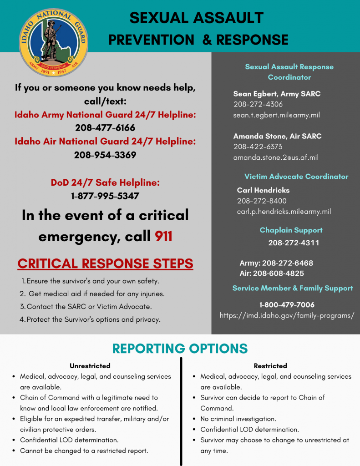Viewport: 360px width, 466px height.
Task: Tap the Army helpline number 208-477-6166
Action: pyautogui.click(x=105, y=128)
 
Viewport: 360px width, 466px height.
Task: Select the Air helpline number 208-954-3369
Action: pyautogui.click(x=105, y=155)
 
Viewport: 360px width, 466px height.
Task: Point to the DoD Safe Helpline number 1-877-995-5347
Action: pyautogui.click(x=105, y=196)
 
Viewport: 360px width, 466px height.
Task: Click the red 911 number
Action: pyautogui.click(x=163, y=236)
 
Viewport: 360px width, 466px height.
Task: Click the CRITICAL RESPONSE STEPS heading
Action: pyautogui.click(x=105, y=263)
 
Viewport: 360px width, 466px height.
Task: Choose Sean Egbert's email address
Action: pyautogui.click(x=276, y=115)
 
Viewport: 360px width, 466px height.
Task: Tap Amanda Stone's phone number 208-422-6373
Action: pyautogui.click(x=258, y=147)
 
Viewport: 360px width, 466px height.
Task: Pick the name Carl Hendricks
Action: pyautogui.click(x=263, y=190)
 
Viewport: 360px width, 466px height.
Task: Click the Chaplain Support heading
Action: pyautogui.click(x=291, y=230)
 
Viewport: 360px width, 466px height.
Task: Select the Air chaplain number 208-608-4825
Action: pyautogui.click(x=272, y=274)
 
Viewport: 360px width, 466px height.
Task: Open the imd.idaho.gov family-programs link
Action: pyautogui.click(x=287, y=315)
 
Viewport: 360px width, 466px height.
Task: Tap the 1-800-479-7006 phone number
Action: pyautogui.click(x=287, y=305)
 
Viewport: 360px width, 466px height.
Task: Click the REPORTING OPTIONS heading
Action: pyautogui.click(x=180, y=349)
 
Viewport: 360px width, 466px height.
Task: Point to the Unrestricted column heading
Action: pyautogui.click(x=90, y=366)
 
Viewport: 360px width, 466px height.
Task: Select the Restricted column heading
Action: pyautogui.click(x=270, y=366)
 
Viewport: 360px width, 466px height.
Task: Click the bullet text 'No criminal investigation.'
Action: pyautogui.click(x=238, y=419)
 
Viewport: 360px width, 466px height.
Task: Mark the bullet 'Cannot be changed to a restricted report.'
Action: pyautogui.click(x=84, y=451)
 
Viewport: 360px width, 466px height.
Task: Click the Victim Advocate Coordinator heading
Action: pyautogui.click(x=296, y=177)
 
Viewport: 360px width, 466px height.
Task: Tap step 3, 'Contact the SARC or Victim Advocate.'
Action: pyautogui.click(x=89, y=307)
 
